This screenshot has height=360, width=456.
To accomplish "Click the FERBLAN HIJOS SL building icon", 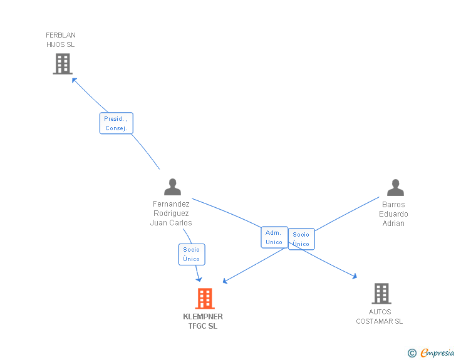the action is pyautogui.click(x=63, y=64).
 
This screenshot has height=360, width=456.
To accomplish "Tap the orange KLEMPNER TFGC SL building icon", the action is pyautogui.click(x=205, y=299).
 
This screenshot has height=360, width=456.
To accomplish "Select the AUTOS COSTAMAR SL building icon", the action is pyautogui.click(x=381, y=294).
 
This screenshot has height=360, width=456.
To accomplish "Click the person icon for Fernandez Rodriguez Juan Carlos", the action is pyautogui.click(x=172, y=187).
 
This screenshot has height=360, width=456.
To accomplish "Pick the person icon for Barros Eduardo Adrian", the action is pyautogui.click(x=395, y=188).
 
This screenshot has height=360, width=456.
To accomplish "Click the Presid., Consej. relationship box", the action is pyautogui.click(x=117, y=123).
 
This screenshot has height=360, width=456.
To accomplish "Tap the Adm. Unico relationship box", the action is pyautogui.click(x=274, y=237).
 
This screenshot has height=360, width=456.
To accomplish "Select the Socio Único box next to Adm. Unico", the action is pyautogui.click(x=301, y=239).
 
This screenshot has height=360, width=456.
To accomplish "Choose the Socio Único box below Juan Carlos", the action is pyautogui.click(x=192, y=254).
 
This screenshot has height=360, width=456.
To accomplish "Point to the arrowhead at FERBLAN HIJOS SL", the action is pyautogui.click(x=74, y=80).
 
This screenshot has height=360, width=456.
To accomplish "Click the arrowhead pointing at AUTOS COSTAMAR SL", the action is pyautogui.click(x=355, y=276).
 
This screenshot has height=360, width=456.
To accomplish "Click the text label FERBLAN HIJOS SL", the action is pyautogui.click(x=61, y=40).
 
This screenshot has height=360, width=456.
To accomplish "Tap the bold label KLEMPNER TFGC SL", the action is pyautogui.click(x=203, y=321).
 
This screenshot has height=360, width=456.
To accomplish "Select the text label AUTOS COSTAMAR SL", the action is pyautogui.click(x=380, y=316).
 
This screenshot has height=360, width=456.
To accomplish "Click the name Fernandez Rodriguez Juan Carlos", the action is pyautogui.click(x=171, y=213).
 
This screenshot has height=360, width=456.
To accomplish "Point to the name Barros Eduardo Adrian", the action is pyautogui.click(x=393, y=213).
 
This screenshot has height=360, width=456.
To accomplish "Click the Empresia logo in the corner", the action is pyautogui.click(x=437, y=352).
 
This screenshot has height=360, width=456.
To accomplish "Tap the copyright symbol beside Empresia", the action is pyautogui.click(x=412, y=353).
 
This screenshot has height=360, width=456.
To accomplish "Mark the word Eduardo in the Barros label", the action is pyautogui.click(x=393, y=214).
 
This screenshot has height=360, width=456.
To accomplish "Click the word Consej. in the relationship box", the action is pyautogui.click(x=117, y=128).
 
